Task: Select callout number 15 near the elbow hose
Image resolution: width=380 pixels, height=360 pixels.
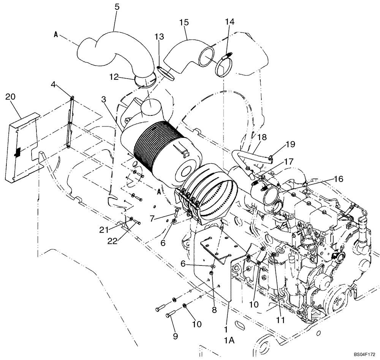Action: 184,22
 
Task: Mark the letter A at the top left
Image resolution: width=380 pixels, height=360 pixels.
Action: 56,34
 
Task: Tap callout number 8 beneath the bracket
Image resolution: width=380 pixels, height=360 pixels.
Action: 214,309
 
